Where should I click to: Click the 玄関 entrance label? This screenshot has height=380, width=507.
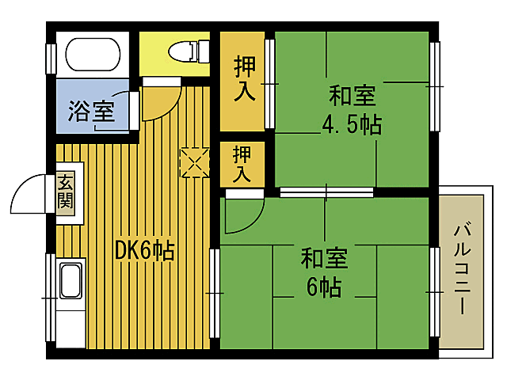click(65, 192)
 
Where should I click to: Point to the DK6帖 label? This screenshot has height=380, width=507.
click(144, 251)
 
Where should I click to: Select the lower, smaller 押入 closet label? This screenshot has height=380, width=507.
click(243, 164)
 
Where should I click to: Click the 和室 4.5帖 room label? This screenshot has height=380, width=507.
click(351, 110)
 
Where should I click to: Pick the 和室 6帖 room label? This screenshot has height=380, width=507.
click(323, 272)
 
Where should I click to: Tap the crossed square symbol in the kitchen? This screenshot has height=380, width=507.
click(193, 162)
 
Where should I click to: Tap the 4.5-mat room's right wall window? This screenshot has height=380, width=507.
click(435, 85)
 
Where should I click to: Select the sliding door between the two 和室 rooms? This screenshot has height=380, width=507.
click(326, 192)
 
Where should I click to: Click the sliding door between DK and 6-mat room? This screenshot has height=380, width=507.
click(214, 293)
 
